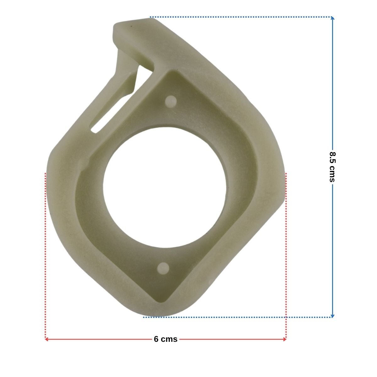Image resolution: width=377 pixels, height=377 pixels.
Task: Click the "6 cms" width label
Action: point(166,339)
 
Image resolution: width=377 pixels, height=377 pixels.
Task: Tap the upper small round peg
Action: point(171,101)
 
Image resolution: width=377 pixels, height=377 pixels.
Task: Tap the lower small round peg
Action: point(163,268)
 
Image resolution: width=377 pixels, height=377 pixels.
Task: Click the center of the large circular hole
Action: point(165,188)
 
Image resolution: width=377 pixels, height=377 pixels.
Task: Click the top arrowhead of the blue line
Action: point(332,19)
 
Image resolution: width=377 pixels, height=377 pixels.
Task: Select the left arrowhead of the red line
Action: point(46,339)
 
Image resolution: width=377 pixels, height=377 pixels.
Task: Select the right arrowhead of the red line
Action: point(285,339)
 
